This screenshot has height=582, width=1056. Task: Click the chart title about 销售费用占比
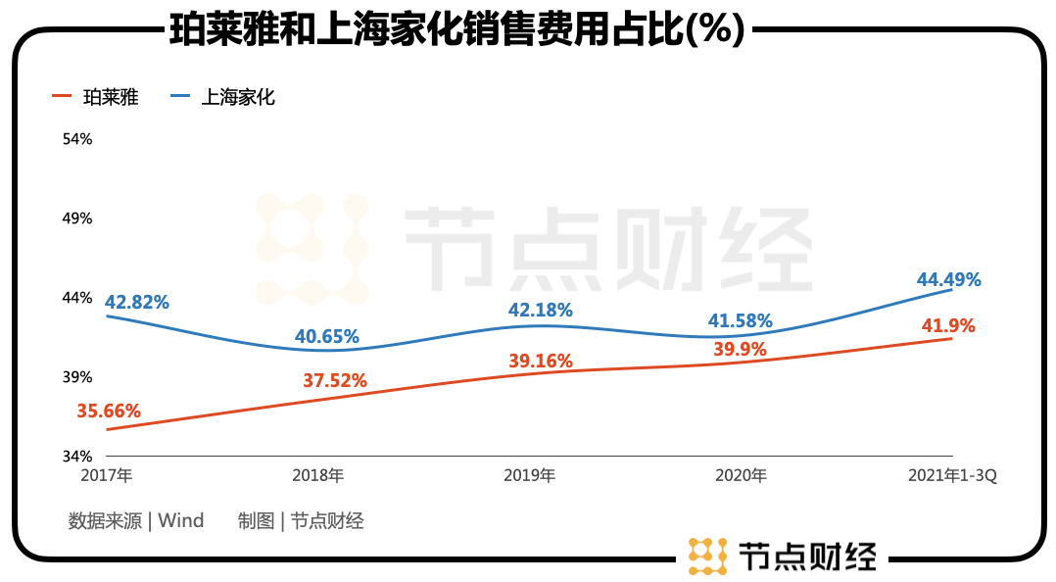point(457,28)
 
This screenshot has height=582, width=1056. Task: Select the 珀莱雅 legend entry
point(109,97)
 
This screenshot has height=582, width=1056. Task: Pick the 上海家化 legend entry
point(238,97)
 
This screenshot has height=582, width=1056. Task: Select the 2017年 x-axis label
point(109,476)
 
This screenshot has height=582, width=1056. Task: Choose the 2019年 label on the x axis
point(530,476)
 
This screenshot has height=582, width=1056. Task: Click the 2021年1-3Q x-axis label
point(952,476)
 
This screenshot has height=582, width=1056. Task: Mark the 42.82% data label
point(137,302)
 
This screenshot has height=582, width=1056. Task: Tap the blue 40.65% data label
point(327,336)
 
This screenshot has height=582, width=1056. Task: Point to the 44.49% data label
point(948,280)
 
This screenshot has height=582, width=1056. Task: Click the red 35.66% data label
point(109,412)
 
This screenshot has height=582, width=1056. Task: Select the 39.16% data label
point(540,362)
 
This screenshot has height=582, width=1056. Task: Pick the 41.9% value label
point(948,326)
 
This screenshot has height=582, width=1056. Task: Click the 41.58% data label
point(740,320)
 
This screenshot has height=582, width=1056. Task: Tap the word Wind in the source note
point(181,520)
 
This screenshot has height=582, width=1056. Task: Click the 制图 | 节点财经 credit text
point(301,520)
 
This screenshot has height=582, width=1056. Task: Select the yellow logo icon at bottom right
point(707,556)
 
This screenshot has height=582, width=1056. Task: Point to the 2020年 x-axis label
point(741,476)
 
